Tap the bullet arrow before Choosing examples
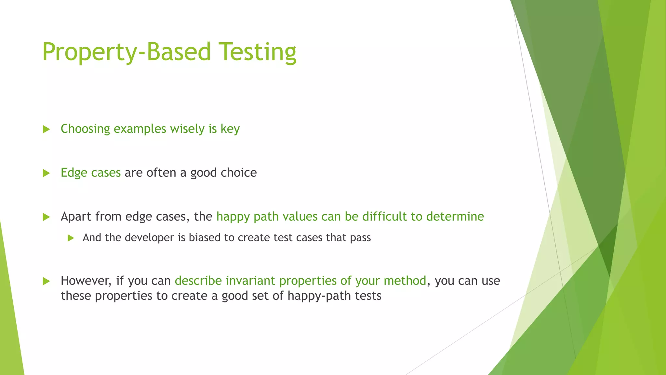[x=46, y=129]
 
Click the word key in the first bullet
[x=230, y=129]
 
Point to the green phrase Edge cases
[x=90, y=173]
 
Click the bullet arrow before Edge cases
[x=46, y=173]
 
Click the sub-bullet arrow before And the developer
[x=71, y=238]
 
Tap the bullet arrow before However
[x=46, y=281]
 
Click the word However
[x=86, y=281]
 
